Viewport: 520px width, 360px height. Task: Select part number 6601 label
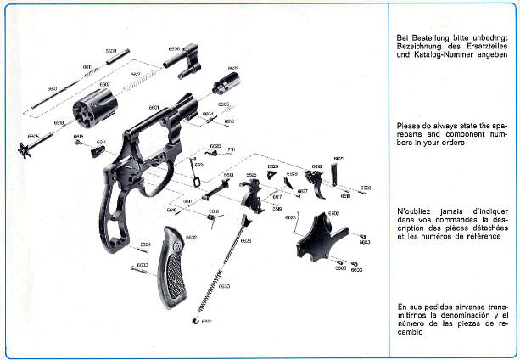tap(154, 108)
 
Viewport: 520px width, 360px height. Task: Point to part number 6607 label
tap(104, 84)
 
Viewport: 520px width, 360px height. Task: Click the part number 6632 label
tap(192, 238)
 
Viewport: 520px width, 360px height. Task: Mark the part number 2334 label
tap(144, 245)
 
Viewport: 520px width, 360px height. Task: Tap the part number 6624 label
tap(199, 164)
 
